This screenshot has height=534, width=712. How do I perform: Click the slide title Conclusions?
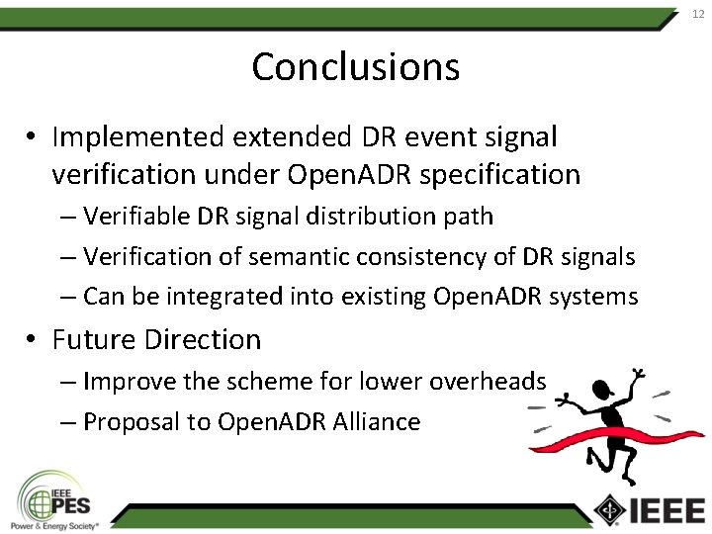point(355,67)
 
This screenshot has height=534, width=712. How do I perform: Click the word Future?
point(95,339)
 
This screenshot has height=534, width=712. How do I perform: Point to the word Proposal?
point(133,422)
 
